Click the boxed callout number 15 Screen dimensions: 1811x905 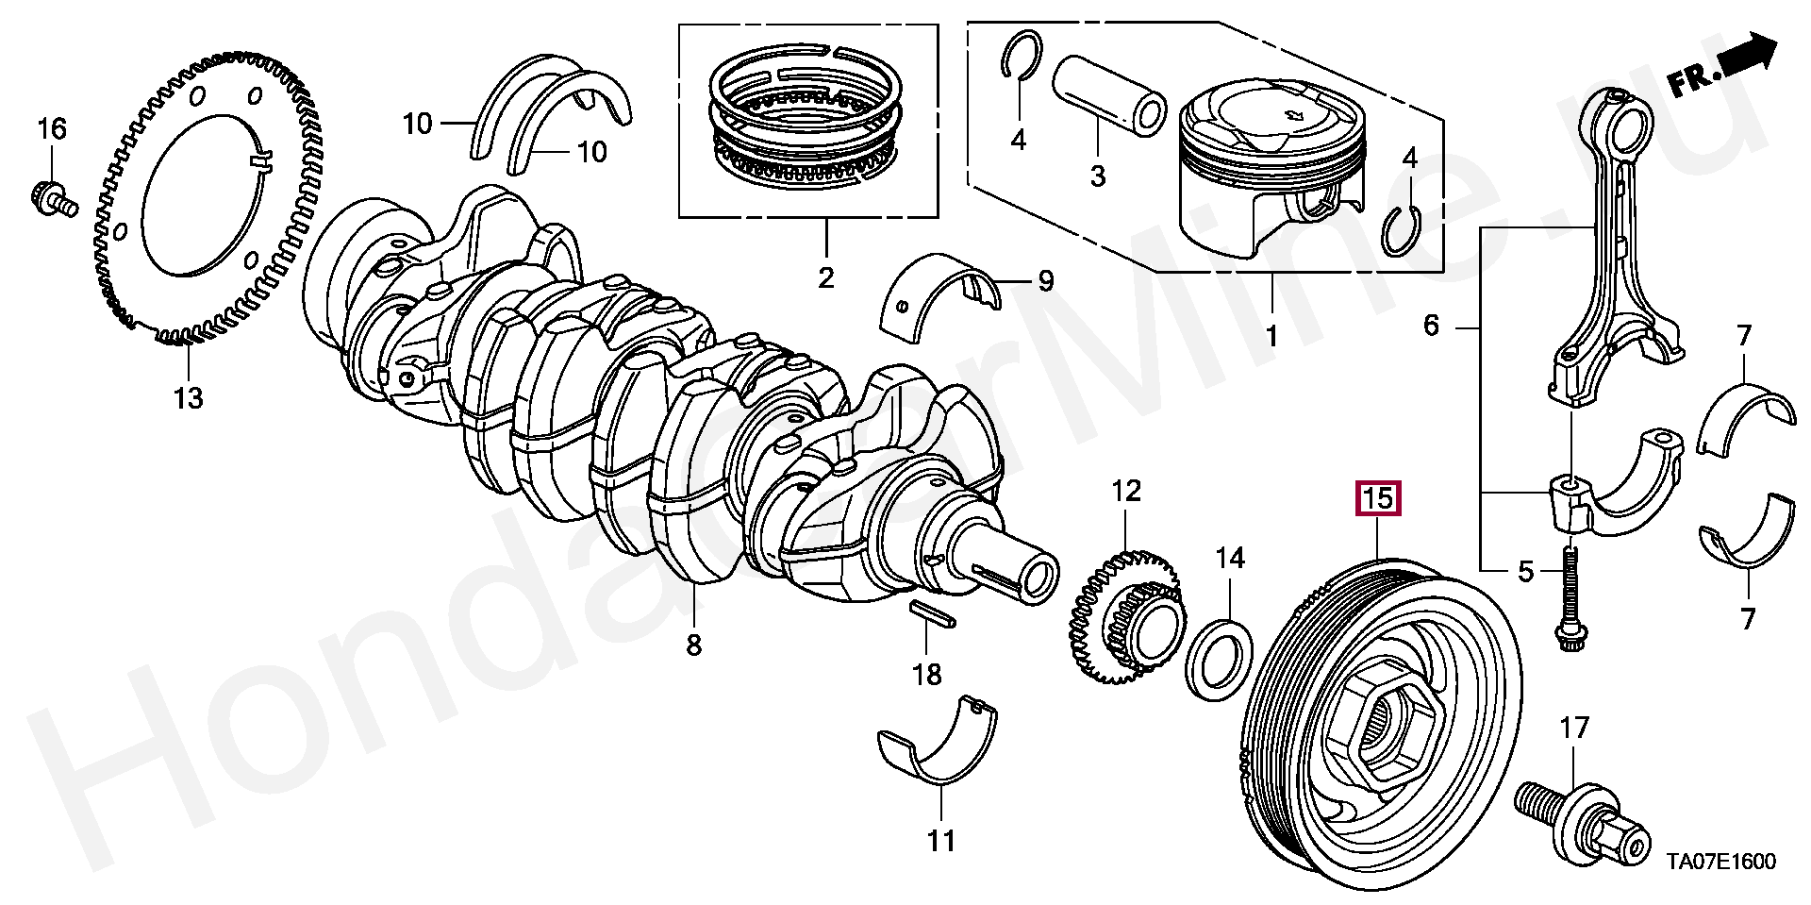tap(1378, 497)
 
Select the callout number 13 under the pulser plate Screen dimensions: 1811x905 tap(189, 398)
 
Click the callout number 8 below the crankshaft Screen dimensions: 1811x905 tap(694, 645)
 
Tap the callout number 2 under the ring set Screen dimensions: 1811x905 tap(825, 278)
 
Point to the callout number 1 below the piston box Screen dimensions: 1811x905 tap(1271, 336)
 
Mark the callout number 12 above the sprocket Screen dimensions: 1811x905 tap(1125, 490)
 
